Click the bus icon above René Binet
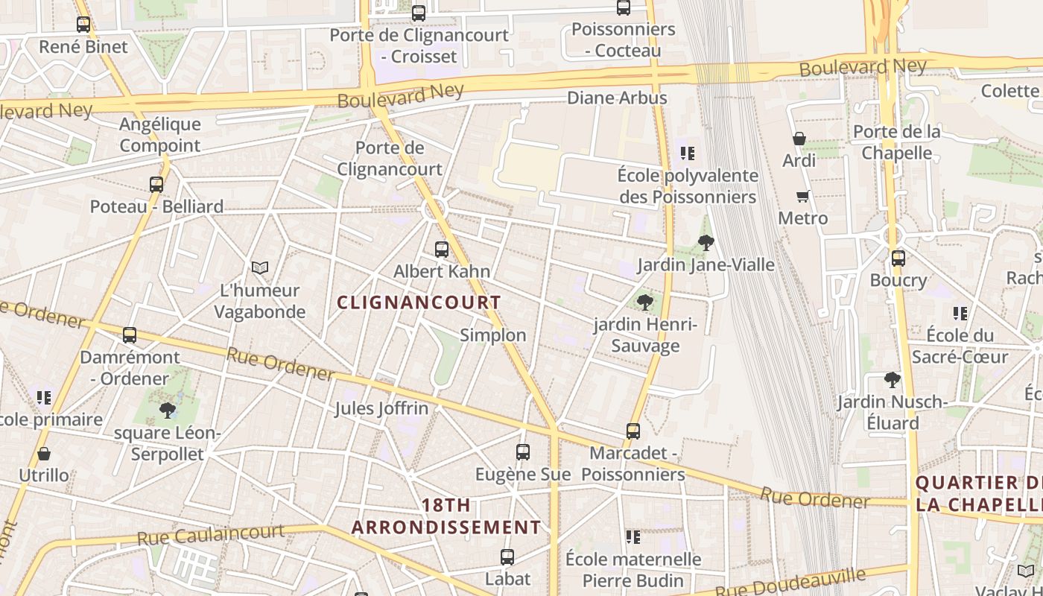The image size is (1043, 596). tap(83, 25)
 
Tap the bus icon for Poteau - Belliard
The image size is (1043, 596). tap(156, 184)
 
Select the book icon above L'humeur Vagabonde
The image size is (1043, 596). tap(259, 267)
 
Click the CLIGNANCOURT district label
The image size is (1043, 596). tap(419, 302)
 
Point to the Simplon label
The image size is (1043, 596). tap(493, 335)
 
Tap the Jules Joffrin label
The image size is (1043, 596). tap(381, 408)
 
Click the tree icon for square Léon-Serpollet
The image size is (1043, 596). tap(167, 410)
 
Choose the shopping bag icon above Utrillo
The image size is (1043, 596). tap(44, 453)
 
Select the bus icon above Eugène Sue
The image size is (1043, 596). tap(523, 451)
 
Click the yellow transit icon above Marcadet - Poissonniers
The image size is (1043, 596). tap(633, 431)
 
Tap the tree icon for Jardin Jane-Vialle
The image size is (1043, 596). tap(706, 242)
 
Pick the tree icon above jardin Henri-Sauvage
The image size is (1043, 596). tap(645, 302)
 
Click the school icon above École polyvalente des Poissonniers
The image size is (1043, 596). tap(687, 153)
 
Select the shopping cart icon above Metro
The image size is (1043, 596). tap(802, 196)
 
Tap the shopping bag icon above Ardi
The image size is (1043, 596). tap(799, 139)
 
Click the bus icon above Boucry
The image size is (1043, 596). tap(898, 259)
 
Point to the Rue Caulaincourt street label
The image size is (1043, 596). tap(210, 534)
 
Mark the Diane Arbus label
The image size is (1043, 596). tap(617, 98)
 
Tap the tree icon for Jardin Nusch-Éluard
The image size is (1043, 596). tap(892, 380)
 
